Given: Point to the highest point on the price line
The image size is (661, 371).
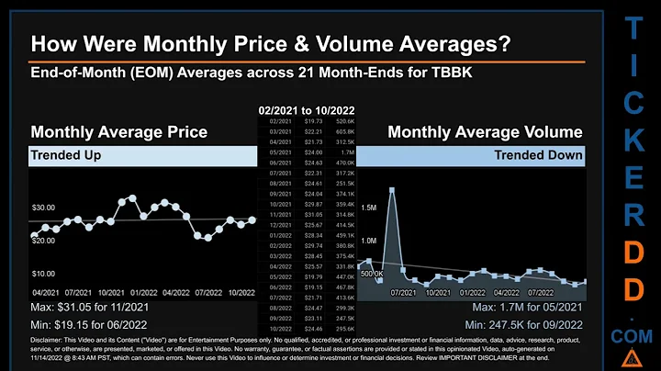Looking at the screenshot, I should point(133,197).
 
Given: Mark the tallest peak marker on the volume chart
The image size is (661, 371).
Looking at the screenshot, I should point(392,190).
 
